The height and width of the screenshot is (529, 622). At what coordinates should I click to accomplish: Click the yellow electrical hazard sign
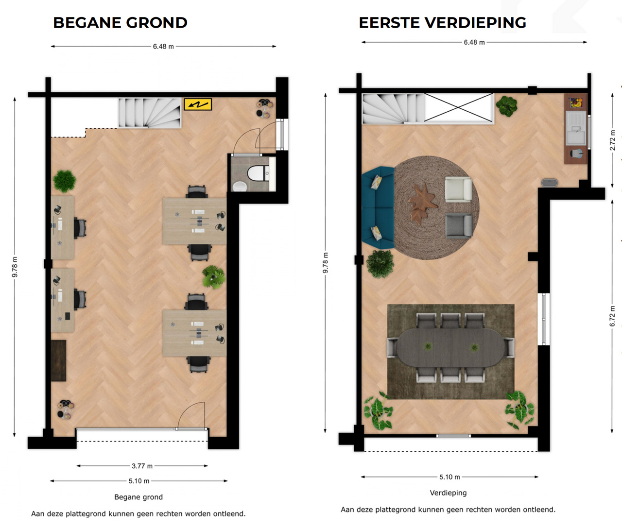198,104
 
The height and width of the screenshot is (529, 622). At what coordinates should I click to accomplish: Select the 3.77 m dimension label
142,466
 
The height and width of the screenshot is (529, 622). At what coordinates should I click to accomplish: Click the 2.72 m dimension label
612,141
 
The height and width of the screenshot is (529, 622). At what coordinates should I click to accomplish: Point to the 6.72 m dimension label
612,316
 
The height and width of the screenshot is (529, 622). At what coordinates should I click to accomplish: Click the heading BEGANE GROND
121,23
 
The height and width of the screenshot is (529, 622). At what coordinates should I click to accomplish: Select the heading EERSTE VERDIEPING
442,23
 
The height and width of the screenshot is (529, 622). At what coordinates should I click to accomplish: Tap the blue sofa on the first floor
378,208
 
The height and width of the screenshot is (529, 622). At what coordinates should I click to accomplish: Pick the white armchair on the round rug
458,189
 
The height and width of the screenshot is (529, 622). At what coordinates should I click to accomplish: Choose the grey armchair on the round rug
459,226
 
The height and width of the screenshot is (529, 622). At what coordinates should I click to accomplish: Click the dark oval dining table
450,347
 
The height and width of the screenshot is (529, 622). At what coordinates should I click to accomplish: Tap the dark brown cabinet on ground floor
58,360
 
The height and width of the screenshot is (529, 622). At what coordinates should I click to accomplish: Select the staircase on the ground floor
150,113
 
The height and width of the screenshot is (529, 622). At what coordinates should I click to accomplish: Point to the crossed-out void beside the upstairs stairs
459,107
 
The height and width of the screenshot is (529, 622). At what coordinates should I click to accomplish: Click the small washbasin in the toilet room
240,186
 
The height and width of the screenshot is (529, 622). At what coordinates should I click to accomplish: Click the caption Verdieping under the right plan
448,493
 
